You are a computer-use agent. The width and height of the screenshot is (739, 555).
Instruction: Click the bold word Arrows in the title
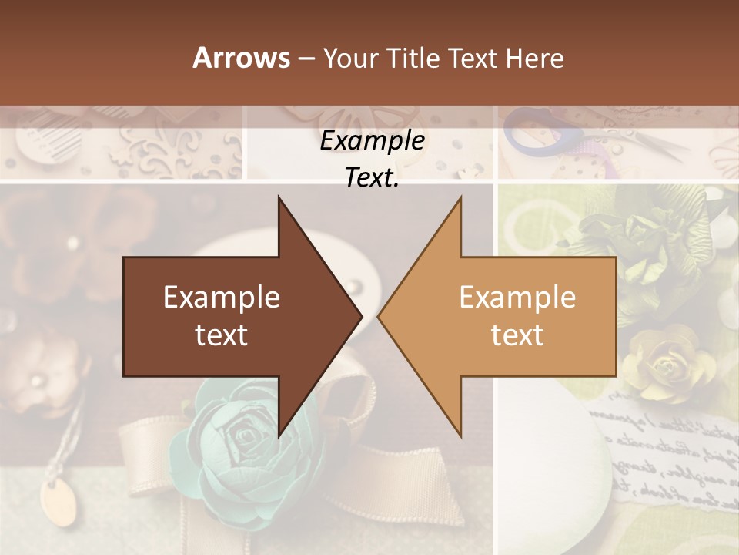[241, 58]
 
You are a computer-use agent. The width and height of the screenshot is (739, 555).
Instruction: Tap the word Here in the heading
[534, 58]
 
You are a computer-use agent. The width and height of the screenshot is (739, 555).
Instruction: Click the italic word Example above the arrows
[373, 141]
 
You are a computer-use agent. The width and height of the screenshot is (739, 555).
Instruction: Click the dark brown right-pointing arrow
[231, 316]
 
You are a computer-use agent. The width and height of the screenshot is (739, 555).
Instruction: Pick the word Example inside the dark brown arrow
[222, 298]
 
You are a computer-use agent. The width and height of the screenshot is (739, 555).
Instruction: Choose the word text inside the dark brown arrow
[222, 335]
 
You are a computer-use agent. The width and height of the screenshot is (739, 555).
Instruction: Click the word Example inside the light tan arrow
[517, 298]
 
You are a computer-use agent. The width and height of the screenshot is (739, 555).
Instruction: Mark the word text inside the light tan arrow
[517, 335]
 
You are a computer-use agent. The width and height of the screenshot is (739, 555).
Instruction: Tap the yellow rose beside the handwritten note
[662, 362]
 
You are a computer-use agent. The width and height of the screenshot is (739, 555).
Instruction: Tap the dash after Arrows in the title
[306, 59]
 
